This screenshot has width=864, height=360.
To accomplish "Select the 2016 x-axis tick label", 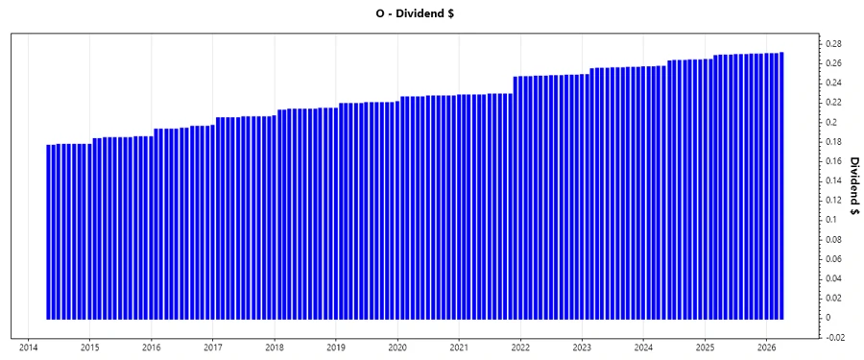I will pyautogui.click(x=151, y=348).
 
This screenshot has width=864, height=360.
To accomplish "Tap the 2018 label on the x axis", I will pyautogui.click(x=275, y=348).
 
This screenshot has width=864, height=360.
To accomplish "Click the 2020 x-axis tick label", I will pyautogui.click(x=397, y=348).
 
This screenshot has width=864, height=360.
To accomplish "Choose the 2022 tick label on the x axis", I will pyautogui.click(x=520, y=348).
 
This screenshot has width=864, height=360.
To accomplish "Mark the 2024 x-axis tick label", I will pyautogui.click(x=643, y=348).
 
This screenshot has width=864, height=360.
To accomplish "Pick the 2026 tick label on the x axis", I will pyautogui.click(x=766, y=348).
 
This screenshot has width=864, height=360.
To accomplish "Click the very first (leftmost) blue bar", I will pyautogui.click(x=49, y=231).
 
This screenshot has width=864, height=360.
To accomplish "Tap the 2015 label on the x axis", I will pyautogui.click(x=89, y=348).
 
